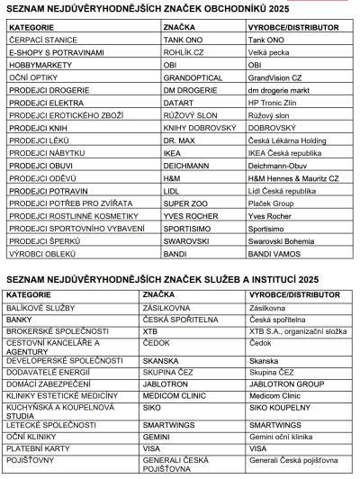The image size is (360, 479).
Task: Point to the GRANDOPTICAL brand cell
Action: pyautogui.click(x=193, y=77)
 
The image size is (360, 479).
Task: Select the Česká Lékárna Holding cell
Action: pyautogui.click(x=290, y=141)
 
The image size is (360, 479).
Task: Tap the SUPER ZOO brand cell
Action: pyautogui.click(x=185, y=204)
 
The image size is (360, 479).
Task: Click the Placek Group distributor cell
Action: pyautogui.click(x=274, y=204)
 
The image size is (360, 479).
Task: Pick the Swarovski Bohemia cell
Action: pyautogui.click(x=283, y=242)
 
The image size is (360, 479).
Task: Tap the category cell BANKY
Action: pyautogui.click(x=20, y=320)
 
